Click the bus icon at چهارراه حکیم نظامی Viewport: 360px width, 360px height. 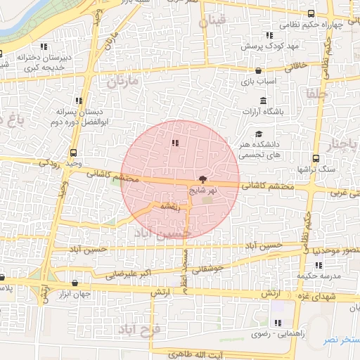311,14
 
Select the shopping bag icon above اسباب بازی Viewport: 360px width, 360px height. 259,71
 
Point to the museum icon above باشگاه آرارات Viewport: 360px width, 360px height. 263,100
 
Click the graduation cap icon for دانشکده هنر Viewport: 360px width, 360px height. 259,134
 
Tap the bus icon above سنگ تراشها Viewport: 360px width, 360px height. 315,158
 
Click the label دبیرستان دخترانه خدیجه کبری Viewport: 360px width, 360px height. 30,63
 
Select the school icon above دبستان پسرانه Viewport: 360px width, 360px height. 79,101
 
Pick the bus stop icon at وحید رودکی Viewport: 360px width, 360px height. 73,153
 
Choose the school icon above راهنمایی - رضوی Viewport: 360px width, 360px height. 278,323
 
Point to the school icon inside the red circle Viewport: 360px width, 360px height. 174,143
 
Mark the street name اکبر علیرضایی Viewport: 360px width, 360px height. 120,274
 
